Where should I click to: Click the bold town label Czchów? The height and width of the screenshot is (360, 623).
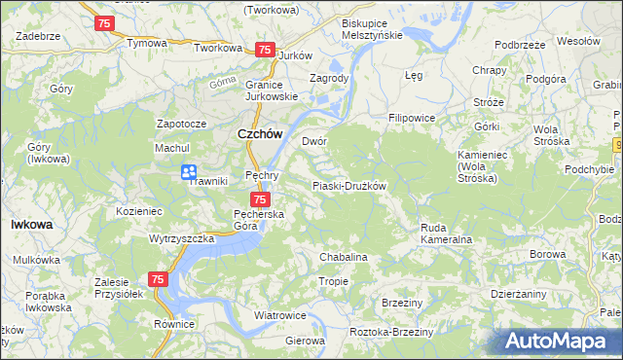[x=260, y=136]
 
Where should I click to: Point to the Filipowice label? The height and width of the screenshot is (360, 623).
[x=411, y=118]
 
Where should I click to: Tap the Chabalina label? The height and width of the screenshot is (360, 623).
[x=344, y=257]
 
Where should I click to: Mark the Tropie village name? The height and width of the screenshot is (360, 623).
[x=334, y=281]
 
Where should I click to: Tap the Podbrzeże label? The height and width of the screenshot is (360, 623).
[x=519, y=45]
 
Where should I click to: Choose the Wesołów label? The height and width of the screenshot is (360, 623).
[x=578, y=41]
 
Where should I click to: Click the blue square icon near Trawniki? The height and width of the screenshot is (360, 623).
[x=189, y=172]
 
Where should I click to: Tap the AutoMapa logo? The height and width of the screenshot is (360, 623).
[x=560, y=342]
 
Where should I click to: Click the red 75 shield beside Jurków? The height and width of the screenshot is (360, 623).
[x=264, y=50]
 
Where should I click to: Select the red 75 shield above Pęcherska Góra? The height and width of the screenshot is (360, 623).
[x=259, y=198]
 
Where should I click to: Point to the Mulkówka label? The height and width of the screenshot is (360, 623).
[x=37, y=261]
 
